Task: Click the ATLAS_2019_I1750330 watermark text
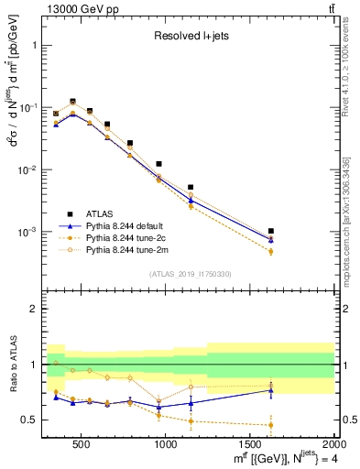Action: (190, 274)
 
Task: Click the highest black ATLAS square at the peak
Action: (72, 102)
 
